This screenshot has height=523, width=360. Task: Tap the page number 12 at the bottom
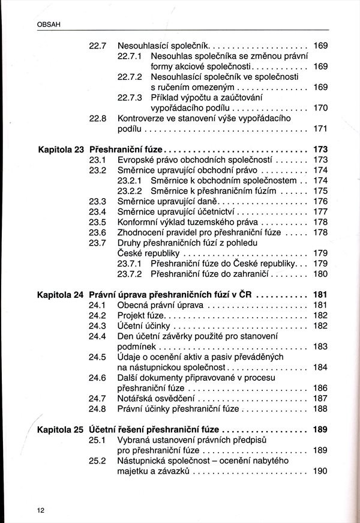41,510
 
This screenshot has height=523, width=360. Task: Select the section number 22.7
98,45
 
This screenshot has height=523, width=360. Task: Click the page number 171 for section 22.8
320,128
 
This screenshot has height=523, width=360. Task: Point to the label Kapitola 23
59,148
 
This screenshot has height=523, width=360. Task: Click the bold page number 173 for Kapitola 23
320,148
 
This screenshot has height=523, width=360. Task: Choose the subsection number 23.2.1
129,180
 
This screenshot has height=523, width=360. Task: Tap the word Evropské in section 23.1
136,160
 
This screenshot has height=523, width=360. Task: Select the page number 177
320,211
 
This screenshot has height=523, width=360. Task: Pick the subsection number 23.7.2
129,274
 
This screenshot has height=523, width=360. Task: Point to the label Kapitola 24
59,295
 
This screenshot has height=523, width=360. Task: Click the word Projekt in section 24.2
132,315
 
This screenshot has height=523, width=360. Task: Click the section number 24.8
98,409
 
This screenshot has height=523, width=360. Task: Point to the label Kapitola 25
59,430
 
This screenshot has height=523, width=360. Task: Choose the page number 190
320,471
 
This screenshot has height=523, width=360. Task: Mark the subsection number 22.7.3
129,97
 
